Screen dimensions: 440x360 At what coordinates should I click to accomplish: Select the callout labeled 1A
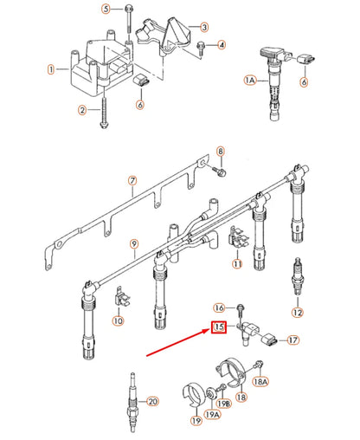click(250, 80)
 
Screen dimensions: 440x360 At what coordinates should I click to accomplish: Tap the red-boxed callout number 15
click(219, 328)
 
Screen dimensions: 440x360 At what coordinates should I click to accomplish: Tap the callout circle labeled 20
click(153, 401)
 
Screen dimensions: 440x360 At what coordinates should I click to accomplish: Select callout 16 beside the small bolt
click(220, 307)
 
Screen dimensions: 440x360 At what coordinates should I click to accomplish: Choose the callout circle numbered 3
click(203, 28)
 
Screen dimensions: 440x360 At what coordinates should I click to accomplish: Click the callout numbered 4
click(222, 44)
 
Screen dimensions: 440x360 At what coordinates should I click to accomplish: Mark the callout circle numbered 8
click(220, 152)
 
